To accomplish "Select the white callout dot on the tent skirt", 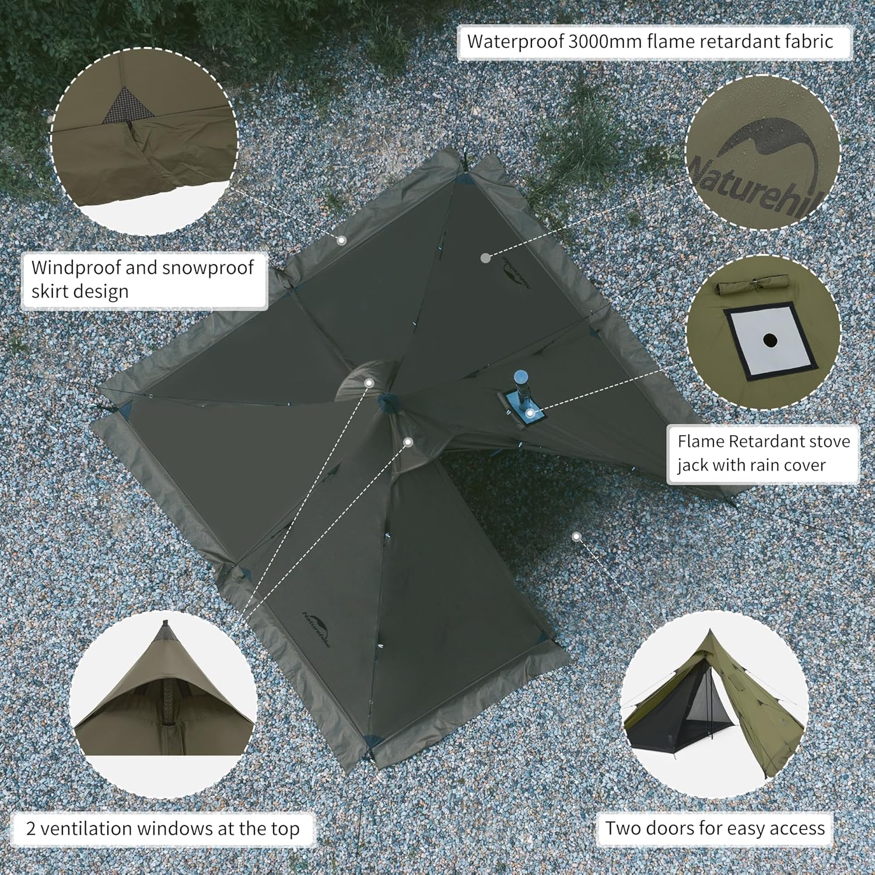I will [342, 240].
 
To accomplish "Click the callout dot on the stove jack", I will [530, 413].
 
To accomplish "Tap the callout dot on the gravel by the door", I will [577, 535].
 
